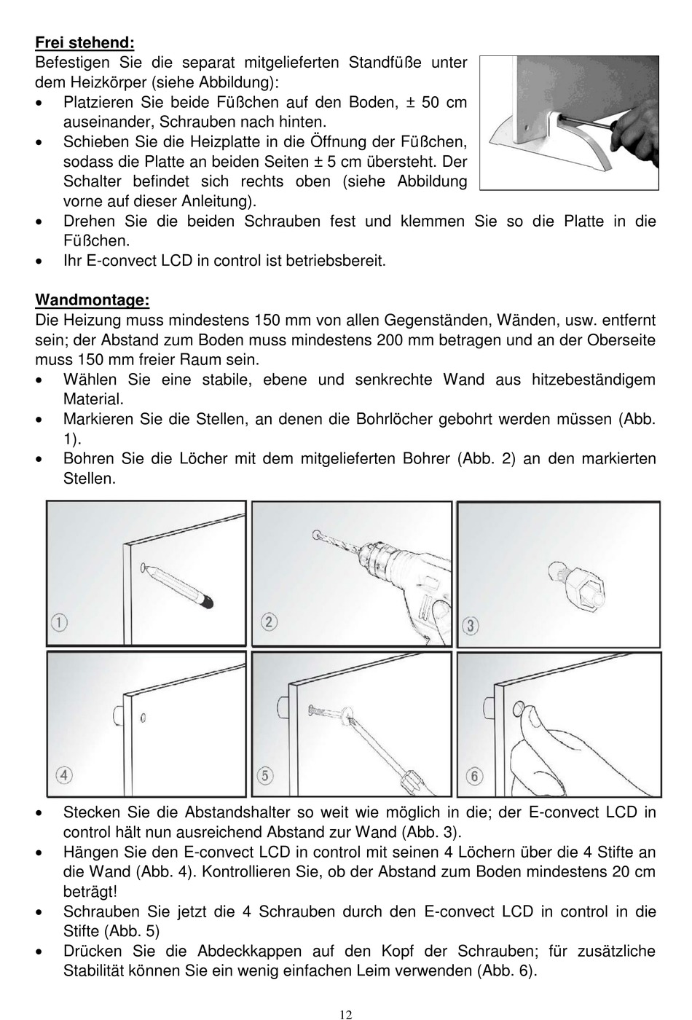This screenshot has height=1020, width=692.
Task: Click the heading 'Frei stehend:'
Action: click(x=84, y=43)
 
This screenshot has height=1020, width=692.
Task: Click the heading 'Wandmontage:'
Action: click(x=93, y=300)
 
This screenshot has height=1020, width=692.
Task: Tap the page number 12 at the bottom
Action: click(x=346, y=1014)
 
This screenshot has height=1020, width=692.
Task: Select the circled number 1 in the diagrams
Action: click(x=59, y=621)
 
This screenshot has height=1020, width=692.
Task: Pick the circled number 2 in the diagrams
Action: click(x=269, y=621)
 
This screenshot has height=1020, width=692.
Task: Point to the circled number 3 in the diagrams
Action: click(x=471, y=625)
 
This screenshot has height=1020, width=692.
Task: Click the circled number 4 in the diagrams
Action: click(x=64, y=775)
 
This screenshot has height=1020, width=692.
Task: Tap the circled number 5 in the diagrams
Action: click(x=265, y=775)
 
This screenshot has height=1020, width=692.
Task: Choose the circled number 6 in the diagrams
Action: click(x=474, y=775)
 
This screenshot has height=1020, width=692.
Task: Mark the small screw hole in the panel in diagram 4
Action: click(x=143, y=718)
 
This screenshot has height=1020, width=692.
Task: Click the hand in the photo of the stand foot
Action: click(x=635, y=137)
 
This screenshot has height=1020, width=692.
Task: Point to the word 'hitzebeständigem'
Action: click(x=594, y=380)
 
